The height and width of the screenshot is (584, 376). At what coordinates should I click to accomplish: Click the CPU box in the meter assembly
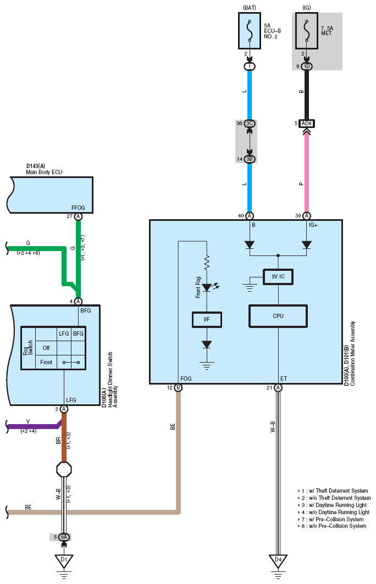click(x=278, y=316)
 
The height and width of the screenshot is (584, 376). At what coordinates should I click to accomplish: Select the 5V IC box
click(x=278, y=277)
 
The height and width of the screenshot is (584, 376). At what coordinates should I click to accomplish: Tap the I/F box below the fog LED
click(x=207, y=320)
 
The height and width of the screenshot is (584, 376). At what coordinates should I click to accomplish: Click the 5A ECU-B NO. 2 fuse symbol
click(x=250, y=31)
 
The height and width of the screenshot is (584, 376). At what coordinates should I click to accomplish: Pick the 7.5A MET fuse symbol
click(x=306, y=31)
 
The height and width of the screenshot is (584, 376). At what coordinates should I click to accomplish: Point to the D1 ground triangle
click(x=64, y=560)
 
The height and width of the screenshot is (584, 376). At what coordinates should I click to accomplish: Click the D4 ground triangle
click(x=278, y=560)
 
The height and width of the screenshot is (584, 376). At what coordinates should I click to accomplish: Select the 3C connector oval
click(x=250, y=123)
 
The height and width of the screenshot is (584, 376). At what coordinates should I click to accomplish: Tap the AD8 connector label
click(x=306, y=123)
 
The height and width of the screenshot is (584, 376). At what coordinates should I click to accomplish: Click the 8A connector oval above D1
click(x=64, y=537)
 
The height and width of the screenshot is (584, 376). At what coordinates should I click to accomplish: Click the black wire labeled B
click(x=306, y=94)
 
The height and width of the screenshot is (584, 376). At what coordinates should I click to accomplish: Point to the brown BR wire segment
click(x=64, y=438)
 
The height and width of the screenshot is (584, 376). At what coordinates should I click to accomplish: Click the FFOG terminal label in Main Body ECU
click(x=78, y=208)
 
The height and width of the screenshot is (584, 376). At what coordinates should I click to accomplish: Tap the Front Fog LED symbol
click(x=207, y=287)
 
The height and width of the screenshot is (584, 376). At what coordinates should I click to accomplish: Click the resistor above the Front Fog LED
click(x=207, y=262)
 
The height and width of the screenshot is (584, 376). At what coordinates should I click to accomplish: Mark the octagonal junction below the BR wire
click(x=64, y=470)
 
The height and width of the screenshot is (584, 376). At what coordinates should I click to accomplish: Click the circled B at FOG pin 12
click(x=178, y=388)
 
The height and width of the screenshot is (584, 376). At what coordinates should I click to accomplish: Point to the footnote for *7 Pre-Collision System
click(x=330, y=519)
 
